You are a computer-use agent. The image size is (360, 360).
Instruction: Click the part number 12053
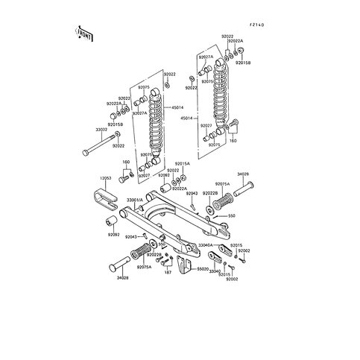[x=105, y=179]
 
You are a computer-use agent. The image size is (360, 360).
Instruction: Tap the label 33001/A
[x=136, y=200]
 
